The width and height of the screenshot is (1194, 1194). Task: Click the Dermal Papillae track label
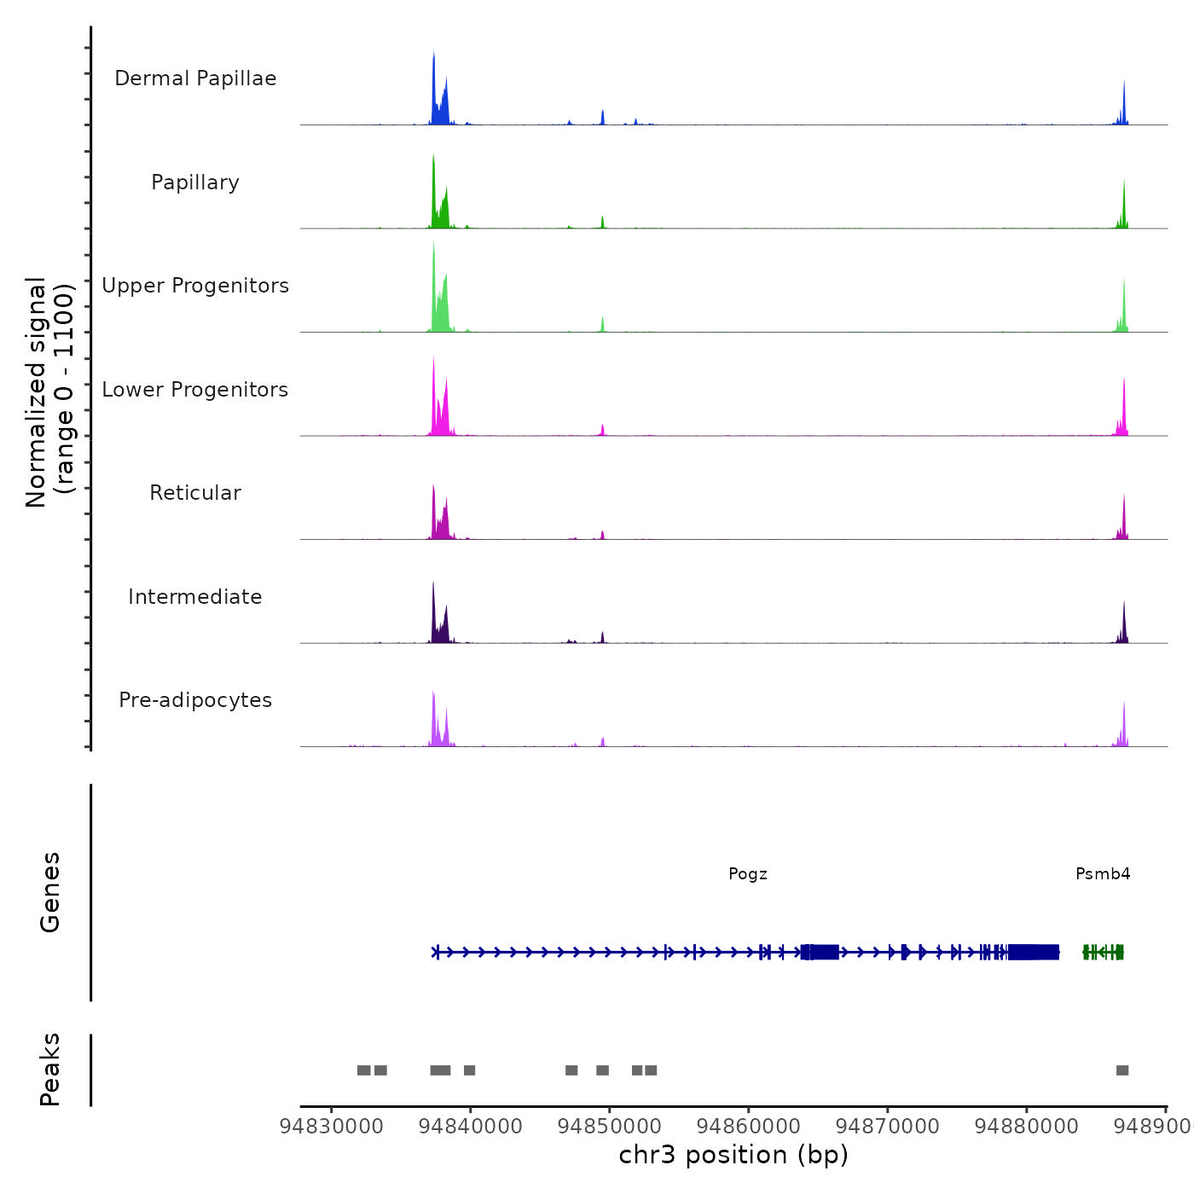[x=195, y=78]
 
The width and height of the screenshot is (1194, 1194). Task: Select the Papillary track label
[x=195, y=183]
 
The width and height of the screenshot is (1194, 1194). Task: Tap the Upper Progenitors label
[x=195, y=286]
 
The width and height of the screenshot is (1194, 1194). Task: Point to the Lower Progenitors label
[x=195, y=390]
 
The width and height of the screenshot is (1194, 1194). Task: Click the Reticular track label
[x=195, y=493]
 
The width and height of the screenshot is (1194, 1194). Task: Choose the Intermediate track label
[x=195, y=597]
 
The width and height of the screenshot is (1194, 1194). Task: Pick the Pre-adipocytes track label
[x=195, y=700]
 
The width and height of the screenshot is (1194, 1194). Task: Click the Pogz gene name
[x=748, y=873]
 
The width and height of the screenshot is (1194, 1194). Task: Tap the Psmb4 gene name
[x=1103, y=873]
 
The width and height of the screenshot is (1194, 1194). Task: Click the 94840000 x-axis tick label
[x=471, y=1127]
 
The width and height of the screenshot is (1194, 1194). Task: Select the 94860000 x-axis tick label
[x=749, y=1127]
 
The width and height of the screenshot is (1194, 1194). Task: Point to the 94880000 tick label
[x=1027, y=1127]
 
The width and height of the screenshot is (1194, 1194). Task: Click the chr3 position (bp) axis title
[x=733, y=1155]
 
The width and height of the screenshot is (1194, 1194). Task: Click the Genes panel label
[x=50, y=892]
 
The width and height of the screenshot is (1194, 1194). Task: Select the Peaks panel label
[x=50, y=1069]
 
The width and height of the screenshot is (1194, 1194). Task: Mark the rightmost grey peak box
[x=1122, y=1070]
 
